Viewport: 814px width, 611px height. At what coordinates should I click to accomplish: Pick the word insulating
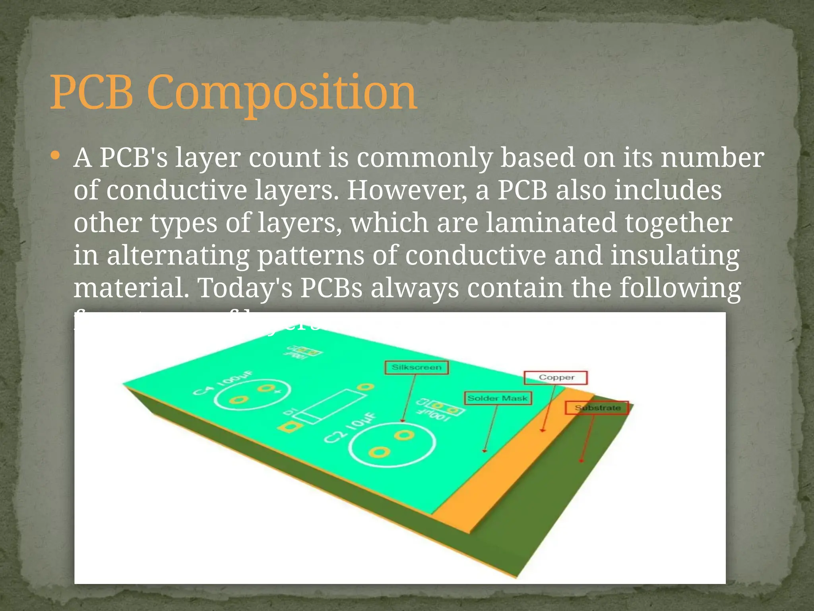tap(674, 255)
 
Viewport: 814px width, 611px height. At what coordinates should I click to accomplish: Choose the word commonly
tap(424, 158)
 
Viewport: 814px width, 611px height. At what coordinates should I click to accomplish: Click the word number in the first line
tap(712, 158)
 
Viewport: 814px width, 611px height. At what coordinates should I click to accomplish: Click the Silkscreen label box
tap(417, 367)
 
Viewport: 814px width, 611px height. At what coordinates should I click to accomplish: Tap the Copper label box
tap(556, 377)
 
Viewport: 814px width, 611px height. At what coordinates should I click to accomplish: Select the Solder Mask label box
tap(498, 398)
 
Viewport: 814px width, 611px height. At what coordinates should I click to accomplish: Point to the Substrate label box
tap(597, 408)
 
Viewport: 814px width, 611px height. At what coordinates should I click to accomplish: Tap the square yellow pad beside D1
tap(290, 428)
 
